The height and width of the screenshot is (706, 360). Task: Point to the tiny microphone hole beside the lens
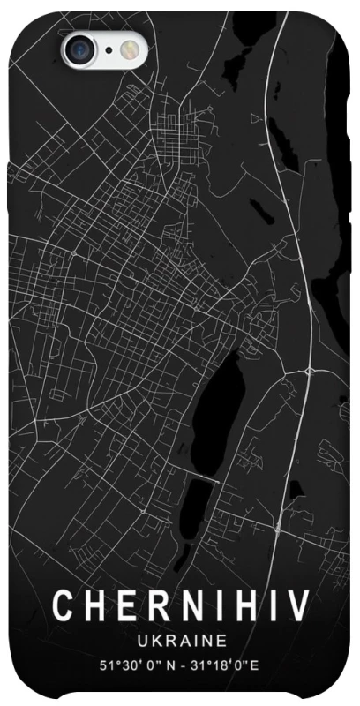[x=108, y=49]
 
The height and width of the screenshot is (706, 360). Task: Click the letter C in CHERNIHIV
[x=64, y=605]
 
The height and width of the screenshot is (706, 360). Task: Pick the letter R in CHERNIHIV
[x=151, y=605]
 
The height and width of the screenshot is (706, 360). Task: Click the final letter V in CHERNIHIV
[x=296, y=605]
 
